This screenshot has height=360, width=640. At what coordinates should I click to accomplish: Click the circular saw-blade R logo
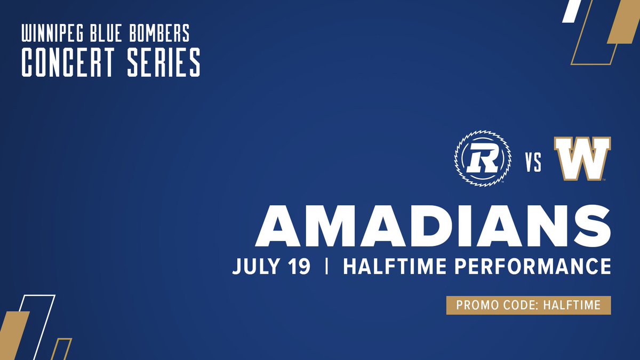coord(482,159)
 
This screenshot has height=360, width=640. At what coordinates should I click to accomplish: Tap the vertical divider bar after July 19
coord(326,266)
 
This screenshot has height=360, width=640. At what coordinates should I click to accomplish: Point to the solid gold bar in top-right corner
coord(623,21)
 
